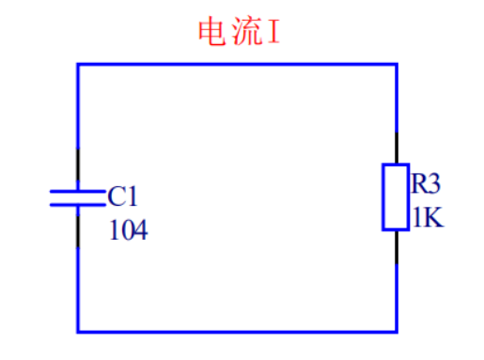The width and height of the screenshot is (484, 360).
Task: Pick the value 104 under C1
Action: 129,229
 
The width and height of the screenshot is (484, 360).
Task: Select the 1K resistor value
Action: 425,218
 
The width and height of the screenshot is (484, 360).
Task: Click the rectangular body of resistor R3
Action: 395,196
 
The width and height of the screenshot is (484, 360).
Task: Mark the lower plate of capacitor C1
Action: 77,203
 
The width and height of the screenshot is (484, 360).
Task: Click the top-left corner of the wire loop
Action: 78,64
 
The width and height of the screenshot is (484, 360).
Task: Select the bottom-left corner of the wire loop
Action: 78,331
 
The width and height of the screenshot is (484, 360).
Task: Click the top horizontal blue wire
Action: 235,64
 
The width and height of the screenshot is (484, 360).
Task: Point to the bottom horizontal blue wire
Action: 235,331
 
